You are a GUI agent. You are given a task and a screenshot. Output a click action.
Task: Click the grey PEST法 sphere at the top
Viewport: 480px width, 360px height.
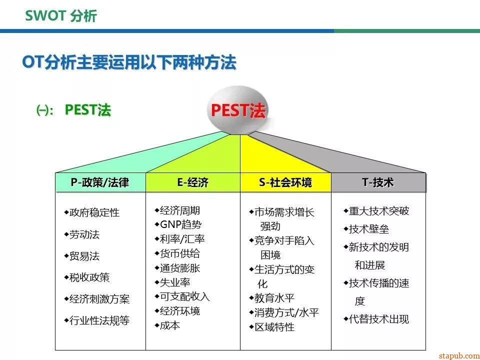point(238,110)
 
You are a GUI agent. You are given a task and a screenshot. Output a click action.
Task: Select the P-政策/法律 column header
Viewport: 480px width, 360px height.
point(100,183)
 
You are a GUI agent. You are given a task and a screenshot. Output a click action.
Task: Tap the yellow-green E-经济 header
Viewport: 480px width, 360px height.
point(192,183)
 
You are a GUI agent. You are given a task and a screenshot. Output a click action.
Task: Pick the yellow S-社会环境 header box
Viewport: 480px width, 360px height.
point(285,183)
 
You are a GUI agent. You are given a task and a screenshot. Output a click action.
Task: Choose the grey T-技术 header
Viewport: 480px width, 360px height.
point(378,183)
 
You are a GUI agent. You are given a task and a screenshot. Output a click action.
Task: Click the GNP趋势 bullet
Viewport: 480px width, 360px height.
point(180,224)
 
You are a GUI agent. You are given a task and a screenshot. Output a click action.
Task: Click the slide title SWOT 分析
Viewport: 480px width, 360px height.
point(61,16)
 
